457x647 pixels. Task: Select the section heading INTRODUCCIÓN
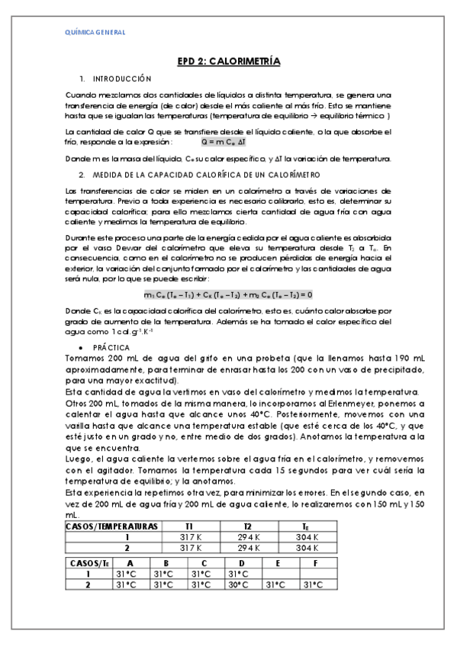click(x=122, y=79)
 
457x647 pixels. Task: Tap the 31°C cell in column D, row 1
click(x=242, y=574)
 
